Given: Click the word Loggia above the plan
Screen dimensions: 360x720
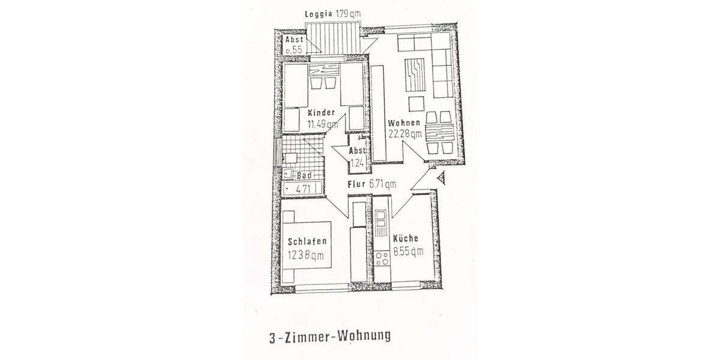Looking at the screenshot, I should (x=319, y=14).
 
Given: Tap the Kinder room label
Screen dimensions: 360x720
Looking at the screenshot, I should (x=321, y=113).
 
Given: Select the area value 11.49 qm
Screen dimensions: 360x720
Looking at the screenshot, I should (x=322, y=125).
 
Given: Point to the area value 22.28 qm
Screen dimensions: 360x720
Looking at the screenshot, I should (x=404, y=134).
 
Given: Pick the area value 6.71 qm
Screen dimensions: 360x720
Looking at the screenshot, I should (x=383, y=184).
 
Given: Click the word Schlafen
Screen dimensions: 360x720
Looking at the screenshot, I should (x=307, y=242).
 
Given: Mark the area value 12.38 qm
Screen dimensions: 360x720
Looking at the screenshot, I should (x=306, y=255).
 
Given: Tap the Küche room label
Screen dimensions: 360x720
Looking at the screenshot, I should (x=406, y=239).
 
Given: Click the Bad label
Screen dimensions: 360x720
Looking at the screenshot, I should (x=304, y=176).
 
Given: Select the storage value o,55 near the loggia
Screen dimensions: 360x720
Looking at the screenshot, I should (x=294, y=50).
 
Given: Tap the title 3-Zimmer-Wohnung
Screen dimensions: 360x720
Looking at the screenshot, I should (x=330, y=335).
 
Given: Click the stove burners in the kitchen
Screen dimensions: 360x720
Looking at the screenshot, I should (x=381, y=259).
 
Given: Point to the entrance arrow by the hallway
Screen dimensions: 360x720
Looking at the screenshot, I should (x=442, y=178).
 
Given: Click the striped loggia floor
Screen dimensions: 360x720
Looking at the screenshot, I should (x=332, y=39).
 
